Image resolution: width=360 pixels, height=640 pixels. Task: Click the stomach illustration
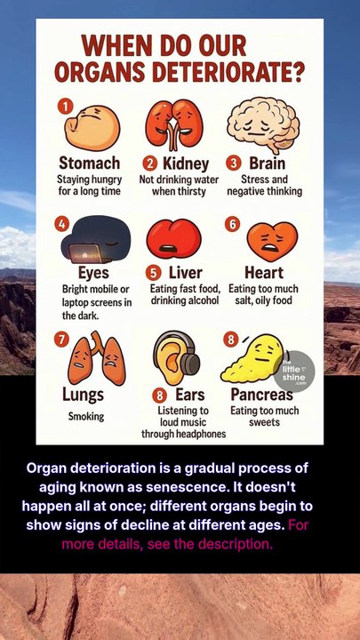coord(92,127)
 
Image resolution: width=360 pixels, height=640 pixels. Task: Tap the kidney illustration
coord(174,124)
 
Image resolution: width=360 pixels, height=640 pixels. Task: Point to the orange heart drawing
coord(272,242)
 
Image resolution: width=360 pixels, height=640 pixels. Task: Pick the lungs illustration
coord(97,358)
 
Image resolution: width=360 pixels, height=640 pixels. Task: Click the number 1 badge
coord(65,107)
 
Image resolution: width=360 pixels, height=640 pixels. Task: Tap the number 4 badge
coord(62,224)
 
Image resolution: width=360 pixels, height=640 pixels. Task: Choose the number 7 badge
coord(61,340)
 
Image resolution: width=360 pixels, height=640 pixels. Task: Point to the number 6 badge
coord(232,224)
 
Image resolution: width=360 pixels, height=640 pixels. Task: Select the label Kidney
coord(186,164)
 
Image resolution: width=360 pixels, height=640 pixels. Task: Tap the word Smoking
coord(86,417)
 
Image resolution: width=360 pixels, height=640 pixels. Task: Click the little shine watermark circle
coord(294,372)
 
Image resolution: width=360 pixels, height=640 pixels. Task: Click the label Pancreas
coord(261,395)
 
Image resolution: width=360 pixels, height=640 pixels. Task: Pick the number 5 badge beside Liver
coord(154,273)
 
